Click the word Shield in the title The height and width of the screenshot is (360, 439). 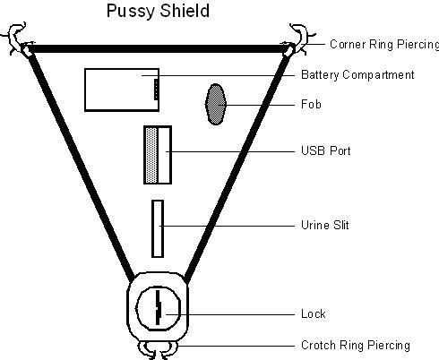click(184, 11)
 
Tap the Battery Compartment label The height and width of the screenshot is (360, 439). click(357, 74)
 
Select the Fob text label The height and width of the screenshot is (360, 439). click(311, 104)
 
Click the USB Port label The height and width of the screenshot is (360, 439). click(326, 150)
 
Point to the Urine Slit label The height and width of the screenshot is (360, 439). click(325, 225)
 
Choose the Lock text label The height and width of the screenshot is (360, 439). click(314, 313)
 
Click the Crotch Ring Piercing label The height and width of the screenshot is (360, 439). click(356, 346)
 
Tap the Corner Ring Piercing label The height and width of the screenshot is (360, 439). click(384, 45)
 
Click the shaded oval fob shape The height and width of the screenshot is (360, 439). click(215, 104)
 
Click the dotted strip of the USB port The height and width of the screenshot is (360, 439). click(151, 155)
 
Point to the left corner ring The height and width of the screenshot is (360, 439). click(15, 39)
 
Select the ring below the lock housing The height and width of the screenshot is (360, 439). click(158, 350)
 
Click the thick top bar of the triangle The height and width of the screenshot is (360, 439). click(158, 48)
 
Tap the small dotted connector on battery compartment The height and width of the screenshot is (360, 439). click(156, 90)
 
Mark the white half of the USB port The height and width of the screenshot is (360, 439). click(164, 155)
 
